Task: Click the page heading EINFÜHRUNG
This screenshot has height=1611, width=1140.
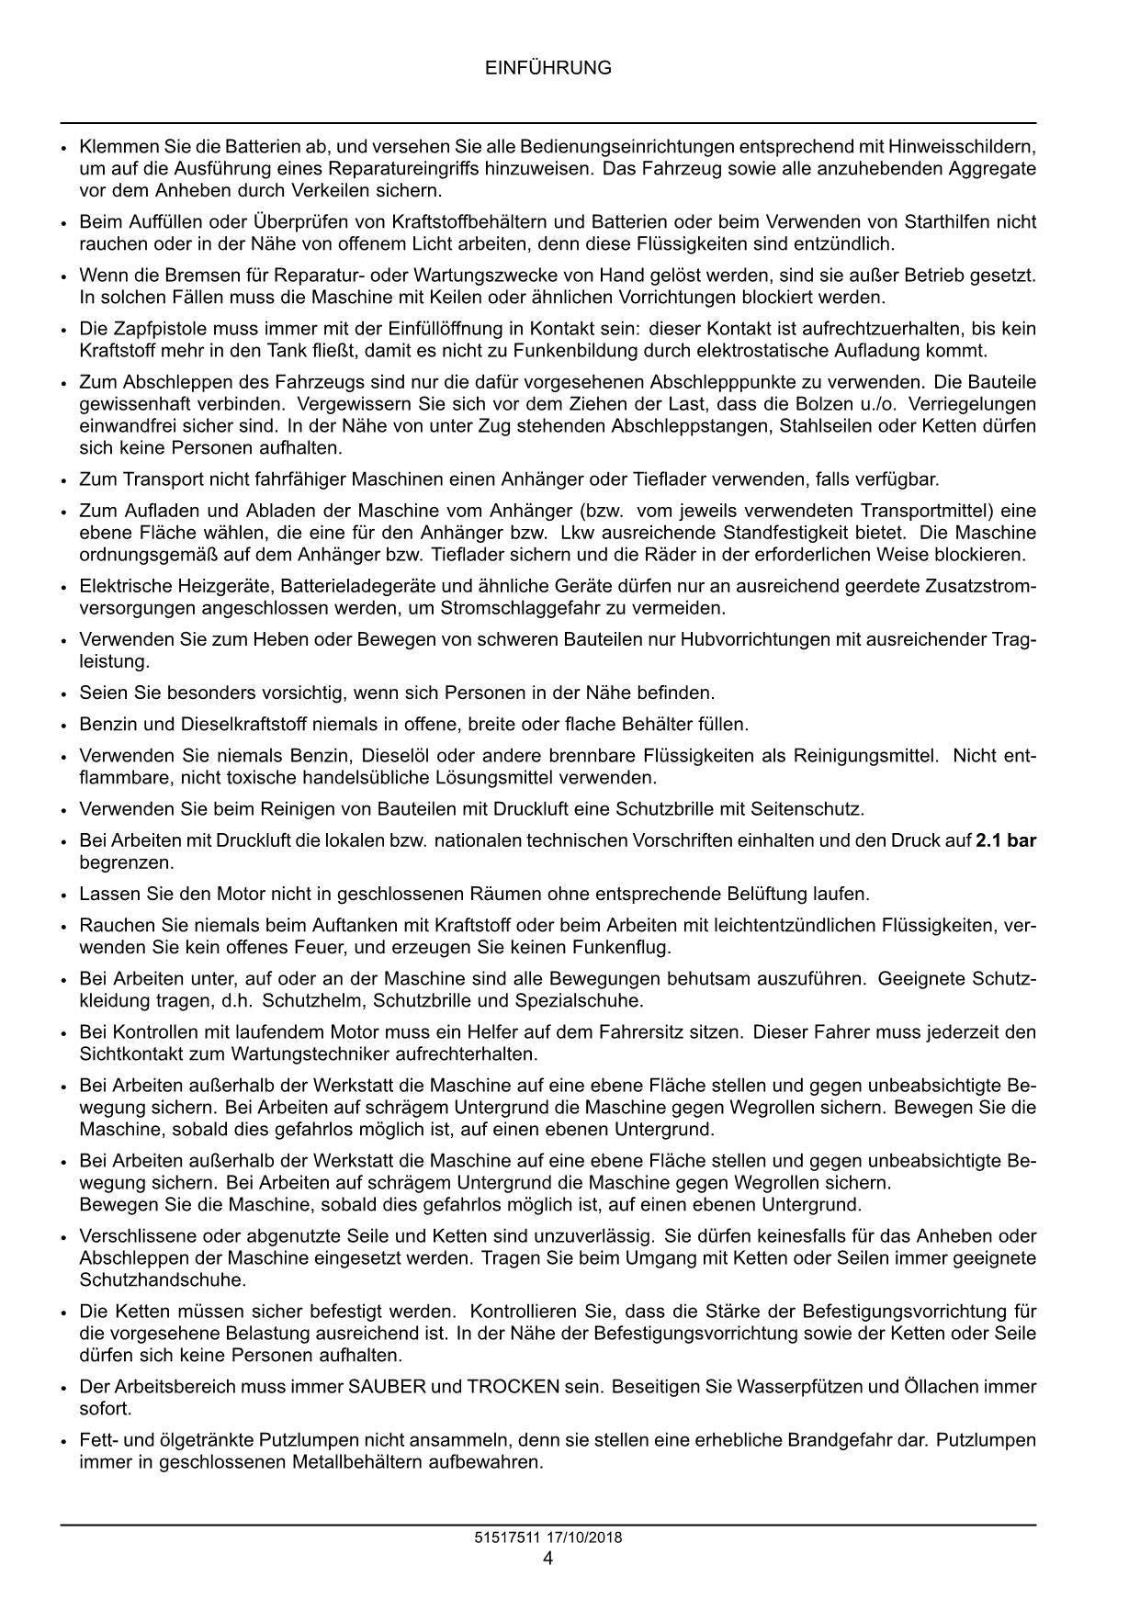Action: pyautogui.click(x=547, y=68)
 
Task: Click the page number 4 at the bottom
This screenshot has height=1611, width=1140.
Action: pyautogui.click(x=547, y=1559)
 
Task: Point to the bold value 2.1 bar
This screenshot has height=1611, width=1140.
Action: pyautogui.click(x=1005, y=840)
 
